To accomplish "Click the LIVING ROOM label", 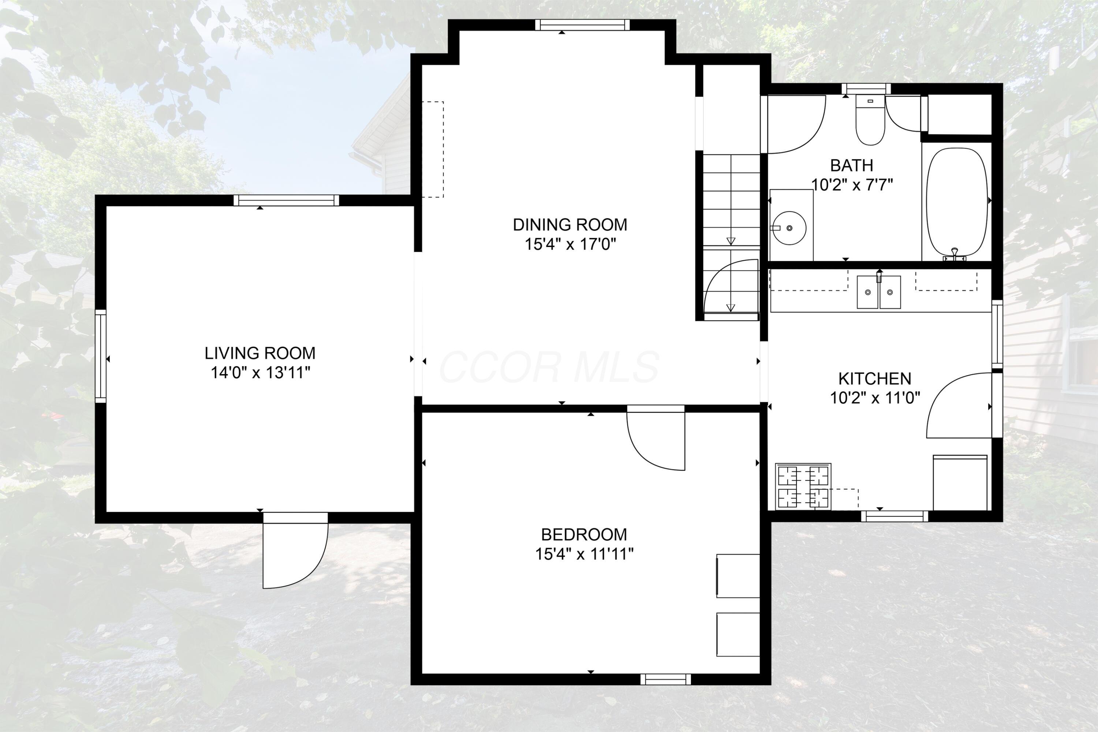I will coord(260,353).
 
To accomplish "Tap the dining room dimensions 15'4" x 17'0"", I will coord(570,244).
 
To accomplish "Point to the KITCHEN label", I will coord(874,378).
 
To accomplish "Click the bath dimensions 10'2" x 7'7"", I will coord(852,185).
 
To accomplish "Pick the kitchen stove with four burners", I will coord(803,486).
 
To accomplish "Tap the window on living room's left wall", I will coord(101,356).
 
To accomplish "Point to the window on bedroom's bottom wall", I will coord(665,679).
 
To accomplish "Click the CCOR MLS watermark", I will coord(549,367).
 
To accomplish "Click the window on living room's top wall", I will coord(286,200).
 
